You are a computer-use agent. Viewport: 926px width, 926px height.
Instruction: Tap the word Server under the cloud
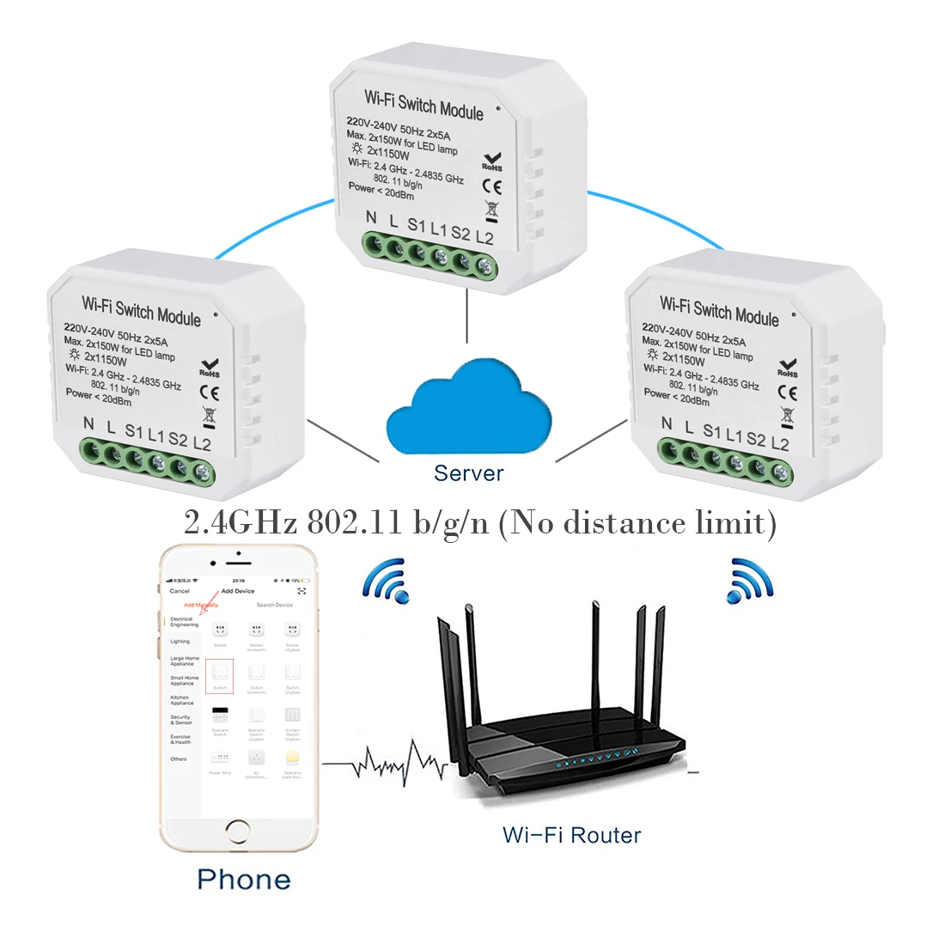pos(468,472)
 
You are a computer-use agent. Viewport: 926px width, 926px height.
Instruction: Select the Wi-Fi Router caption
pos(571,834)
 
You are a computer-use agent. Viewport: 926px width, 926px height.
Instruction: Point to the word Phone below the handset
pos(243,880)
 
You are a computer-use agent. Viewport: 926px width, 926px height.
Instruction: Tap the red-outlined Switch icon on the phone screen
pos(219,675)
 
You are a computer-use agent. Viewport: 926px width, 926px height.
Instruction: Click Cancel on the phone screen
pos(180,591)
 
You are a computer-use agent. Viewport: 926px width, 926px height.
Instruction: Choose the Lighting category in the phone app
pos(180,641)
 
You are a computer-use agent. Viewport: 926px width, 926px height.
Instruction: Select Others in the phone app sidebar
pos(179,759)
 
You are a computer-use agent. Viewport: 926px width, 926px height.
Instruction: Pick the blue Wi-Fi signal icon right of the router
pos(750,580)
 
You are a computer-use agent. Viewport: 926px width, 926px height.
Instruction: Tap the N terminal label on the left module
pos(88,423)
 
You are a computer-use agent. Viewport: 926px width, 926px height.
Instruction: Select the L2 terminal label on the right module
pos(779,443)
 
